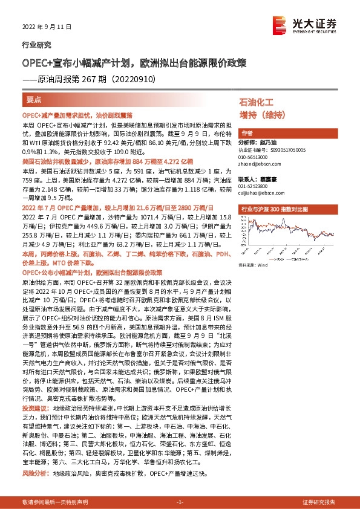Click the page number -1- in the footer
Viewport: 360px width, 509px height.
pos(180,502)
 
